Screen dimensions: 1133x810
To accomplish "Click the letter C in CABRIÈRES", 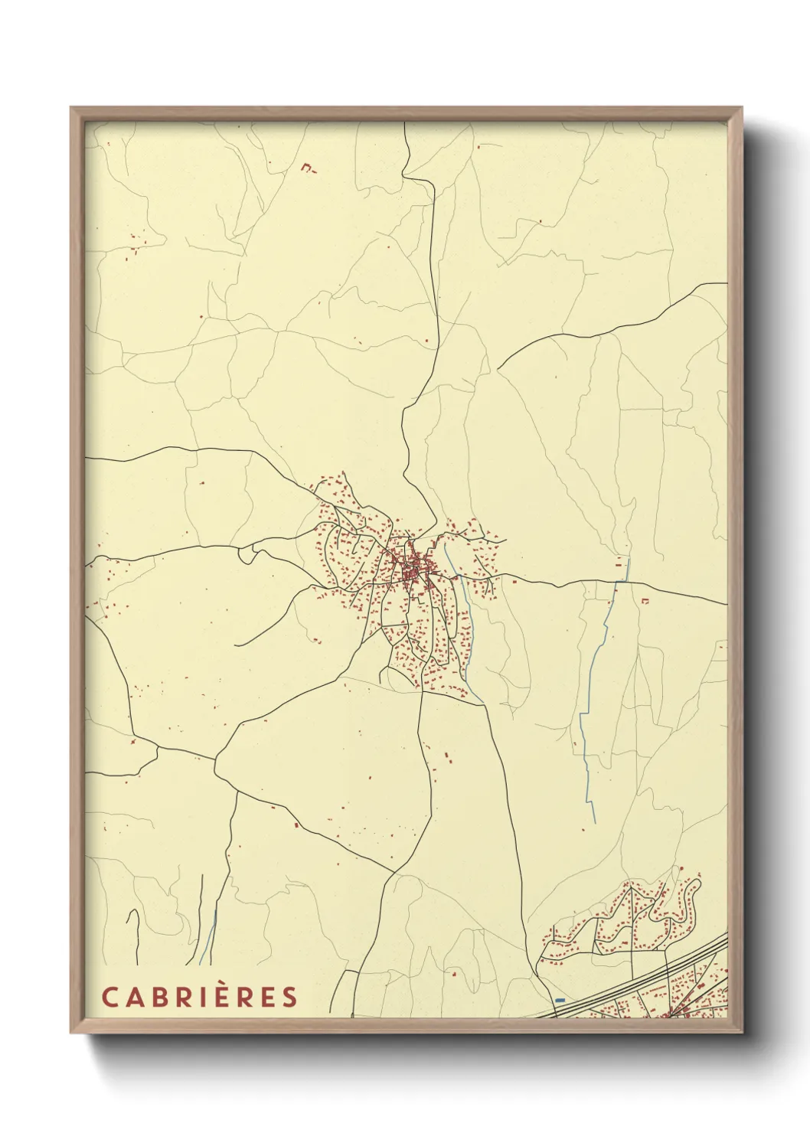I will tap(109, 997).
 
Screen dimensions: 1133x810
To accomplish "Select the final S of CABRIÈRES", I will tap(289, 997).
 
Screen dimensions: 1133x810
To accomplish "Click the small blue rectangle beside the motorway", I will tap(560, 1000).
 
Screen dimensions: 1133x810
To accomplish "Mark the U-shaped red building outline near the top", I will tap(308, 168).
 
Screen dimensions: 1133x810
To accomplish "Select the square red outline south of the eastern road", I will tap(645, 602).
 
